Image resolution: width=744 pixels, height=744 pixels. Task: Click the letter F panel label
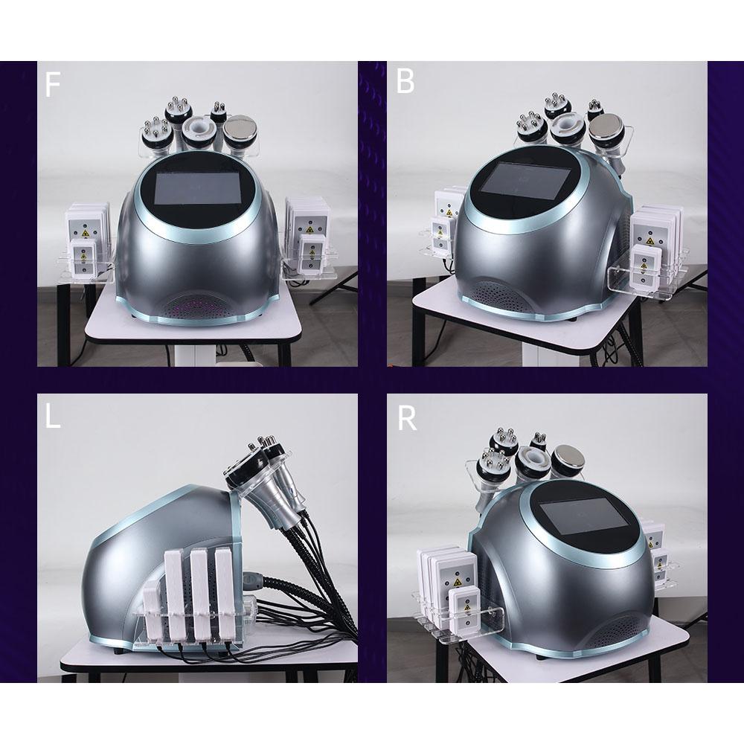[51, 85]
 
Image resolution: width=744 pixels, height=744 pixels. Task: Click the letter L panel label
[52, 417]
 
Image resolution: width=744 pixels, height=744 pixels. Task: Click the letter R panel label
[406, 418]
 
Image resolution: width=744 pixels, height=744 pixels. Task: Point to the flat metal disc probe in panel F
[240, 129]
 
